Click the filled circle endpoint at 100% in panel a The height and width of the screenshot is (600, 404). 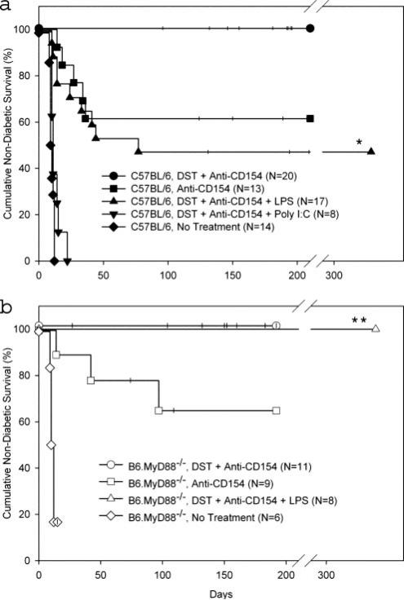point(310,29)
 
